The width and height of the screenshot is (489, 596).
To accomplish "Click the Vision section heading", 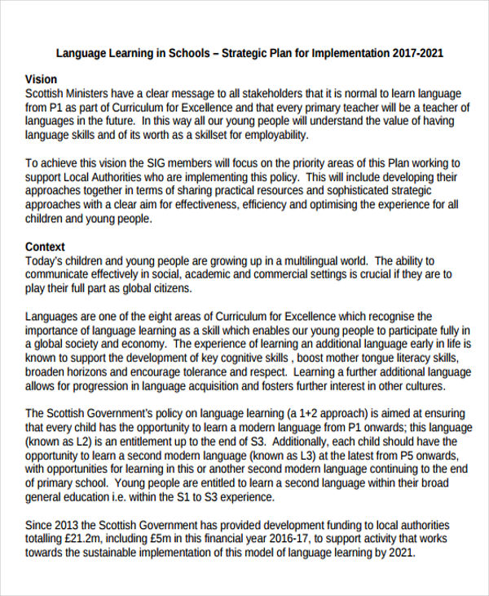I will click(42, 80).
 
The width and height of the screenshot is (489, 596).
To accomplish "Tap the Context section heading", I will click(46, 247).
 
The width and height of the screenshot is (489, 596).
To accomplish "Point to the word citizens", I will click(168, 288).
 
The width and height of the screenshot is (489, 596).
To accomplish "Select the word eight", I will click(162, 316).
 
